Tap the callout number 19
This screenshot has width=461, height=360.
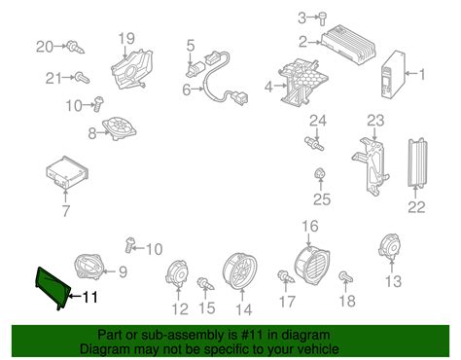click(x=126, y=39)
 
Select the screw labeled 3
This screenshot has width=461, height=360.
click(x=323, y=18)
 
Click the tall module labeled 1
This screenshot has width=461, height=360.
click(x=393, y=75)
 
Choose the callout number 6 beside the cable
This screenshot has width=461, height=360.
click(x=186, y=90)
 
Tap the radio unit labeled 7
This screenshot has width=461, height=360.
click(x=67, y=172)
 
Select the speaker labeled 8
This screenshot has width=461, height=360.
click(x=119, y=127)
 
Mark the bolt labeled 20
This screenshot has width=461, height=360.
click(x=75, y=47)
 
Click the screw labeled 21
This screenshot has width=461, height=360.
click(x=82, y=78)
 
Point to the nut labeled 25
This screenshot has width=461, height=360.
click(x=320, y=173)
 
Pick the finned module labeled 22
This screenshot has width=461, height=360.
click(x=417, y=162)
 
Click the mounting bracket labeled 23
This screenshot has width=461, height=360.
click(x=371, y=166)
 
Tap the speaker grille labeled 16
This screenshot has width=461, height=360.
click(x=311, y=267)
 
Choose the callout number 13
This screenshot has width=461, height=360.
click(x=393, y=281)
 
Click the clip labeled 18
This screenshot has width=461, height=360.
click(x=345, y=277)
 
